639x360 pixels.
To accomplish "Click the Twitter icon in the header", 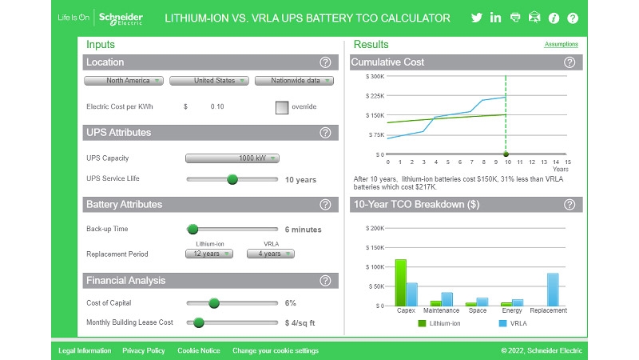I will tap(477, 18).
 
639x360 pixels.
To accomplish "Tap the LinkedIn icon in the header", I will tap(496, 18).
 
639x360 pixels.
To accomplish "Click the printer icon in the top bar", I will tap(515, 18).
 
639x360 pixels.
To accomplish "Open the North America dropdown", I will tap(124, 81).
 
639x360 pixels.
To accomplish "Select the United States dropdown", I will tap(208, 81).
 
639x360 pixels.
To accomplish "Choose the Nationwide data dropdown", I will tap(294, 81).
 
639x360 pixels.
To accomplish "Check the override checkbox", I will tap(282, 106).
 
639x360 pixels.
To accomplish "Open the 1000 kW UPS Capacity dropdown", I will tap(232, 158).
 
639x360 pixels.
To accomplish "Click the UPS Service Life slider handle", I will tap(232, 179).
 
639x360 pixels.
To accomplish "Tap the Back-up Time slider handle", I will tap(192, 230).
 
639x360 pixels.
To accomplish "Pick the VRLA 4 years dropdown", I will tap(270, 254).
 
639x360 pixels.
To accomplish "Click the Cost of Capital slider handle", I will tap(214, 303).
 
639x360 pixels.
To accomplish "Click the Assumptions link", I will tap(561, 45).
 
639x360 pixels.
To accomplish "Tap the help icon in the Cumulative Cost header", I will tap(570, 62).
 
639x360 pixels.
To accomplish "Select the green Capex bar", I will tap(401, 282).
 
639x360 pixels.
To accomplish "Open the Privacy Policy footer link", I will tap(144, 350).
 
